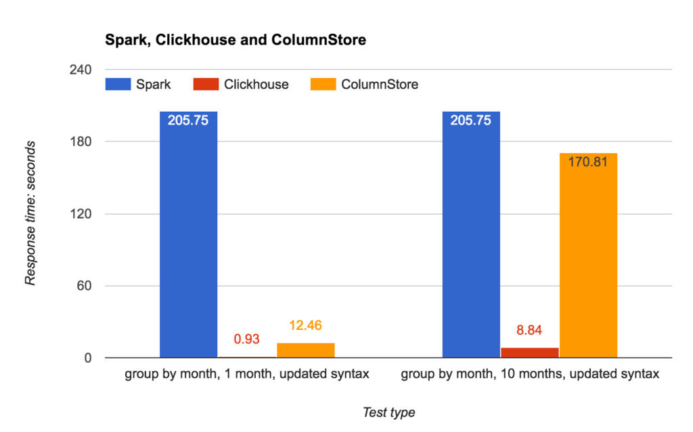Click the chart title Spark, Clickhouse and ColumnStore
click(235, 40)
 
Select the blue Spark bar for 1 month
click(188, 237)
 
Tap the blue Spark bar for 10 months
click(471, 237)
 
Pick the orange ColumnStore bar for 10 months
click(589, 257)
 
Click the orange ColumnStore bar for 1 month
click(306, 350)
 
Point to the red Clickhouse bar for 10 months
click(530, 352)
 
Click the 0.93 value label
click(247, 339)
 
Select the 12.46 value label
click(306, 326)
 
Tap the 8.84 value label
click(530, 330)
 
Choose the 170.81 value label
click(589, 163)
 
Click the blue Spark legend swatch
click(118, 85)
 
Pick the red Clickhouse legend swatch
click(206, 85)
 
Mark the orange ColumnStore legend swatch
click(323, 85)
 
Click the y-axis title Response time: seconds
click(31, 213)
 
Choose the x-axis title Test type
click(388, 412)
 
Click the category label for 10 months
click(530, 374)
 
